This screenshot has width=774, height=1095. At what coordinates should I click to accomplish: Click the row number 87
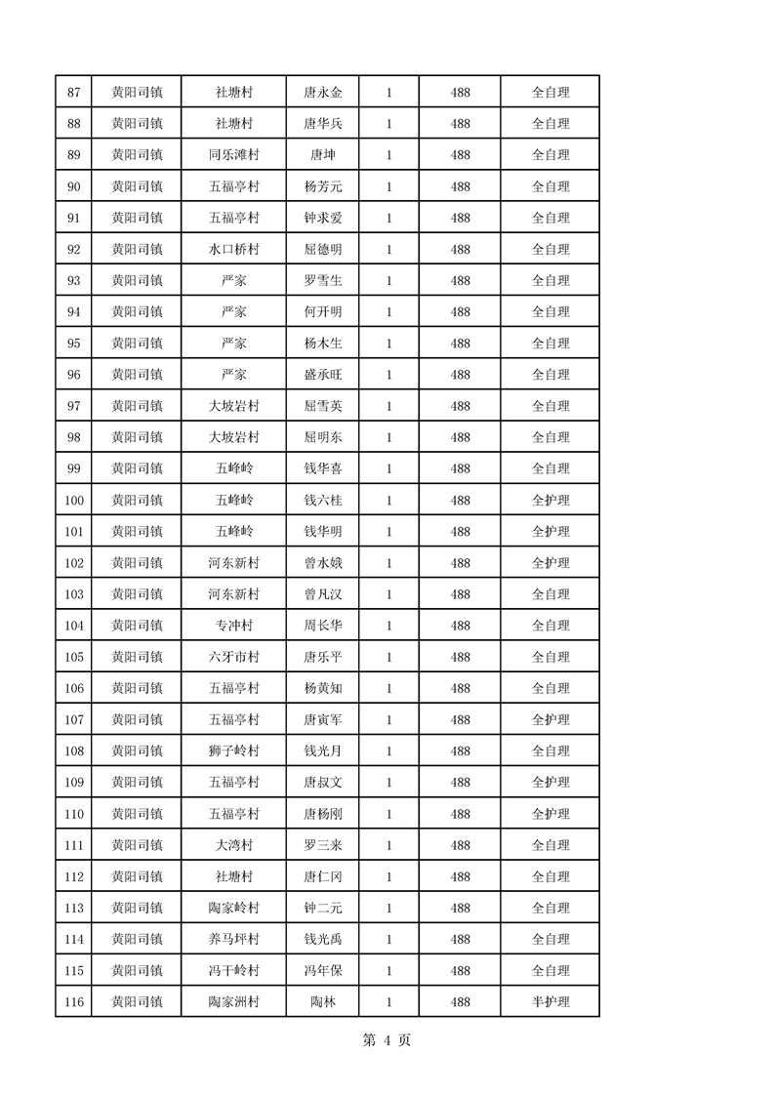click(x=73, y=93)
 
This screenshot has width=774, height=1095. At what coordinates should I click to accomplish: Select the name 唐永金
click(x=323, y=93)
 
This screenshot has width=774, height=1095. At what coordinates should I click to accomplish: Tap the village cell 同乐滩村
click(x=233, y=155)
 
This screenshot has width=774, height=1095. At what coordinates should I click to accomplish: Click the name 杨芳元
click(x=323, y=186)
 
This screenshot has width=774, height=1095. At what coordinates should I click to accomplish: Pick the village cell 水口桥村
click(x=233, y=250)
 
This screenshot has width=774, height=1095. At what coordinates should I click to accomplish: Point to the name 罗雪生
click(x=323, y=281)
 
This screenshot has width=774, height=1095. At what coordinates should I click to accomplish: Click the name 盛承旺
click(x=323, y=375)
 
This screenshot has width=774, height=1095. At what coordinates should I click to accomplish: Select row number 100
click(x=73, y=501)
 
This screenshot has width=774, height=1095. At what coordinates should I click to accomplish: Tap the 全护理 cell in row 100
click(x=550, y=501)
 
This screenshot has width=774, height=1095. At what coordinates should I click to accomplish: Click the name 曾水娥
click(x=323, y=563)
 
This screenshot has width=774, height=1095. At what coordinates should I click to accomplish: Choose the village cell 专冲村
click(x=233, y=626)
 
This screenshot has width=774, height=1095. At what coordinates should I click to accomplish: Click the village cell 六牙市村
click(x=233, y=657)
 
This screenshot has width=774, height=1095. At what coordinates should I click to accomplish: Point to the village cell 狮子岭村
click(x=233, y=751)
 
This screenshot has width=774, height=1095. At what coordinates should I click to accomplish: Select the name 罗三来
click(x=323, y=845)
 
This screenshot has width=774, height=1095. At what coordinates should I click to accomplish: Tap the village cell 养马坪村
click(x=233, y=939)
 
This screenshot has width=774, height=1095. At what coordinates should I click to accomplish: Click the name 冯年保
click(x=323, y=971)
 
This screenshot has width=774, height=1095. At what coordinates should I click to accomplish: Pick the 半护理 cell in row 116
click(x=550, y=1002)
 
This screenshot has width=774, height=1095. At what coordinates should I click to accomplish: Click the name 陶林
click(x=323, y=1002)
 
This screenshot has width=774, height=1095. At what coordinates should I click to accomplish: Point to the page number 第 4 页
click(x=387, y=1040)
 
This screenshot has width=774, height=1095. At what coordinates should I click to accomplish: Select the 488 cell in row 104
click(x=461, y=626)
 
